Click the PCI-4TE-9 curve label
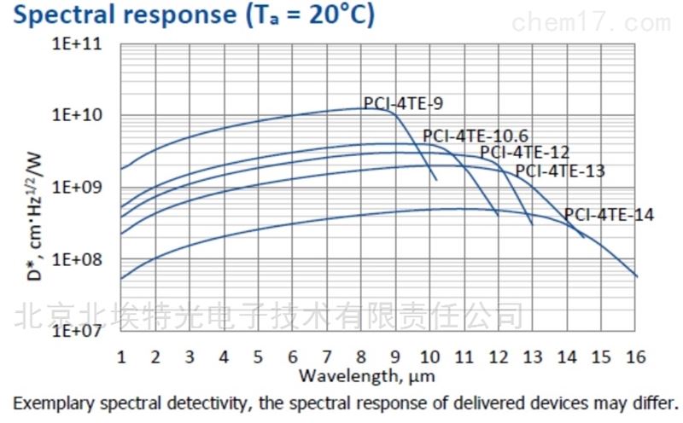pyautogui.click(x=403, y=104)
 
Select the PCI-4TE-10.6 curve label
pyautogui.click(x=476, y=136)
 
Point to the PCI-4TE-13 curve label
pyautogui.click(x=560, y=171)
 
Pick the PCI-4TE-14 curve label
pyautogui.click(x=609, y=215)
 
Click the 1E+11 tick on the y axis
pyautogui.click(x=79, y=43)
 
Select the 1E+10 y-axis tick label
pyautogui.click(x=79, y=115)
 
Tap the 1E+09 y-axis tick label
pyautogui.click(x=79, y=188)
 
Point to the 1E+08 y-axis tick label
pyautogui.click(x=79, y=259)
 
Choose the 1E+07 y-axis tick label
pyautogui.click(x=79, y=331)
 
